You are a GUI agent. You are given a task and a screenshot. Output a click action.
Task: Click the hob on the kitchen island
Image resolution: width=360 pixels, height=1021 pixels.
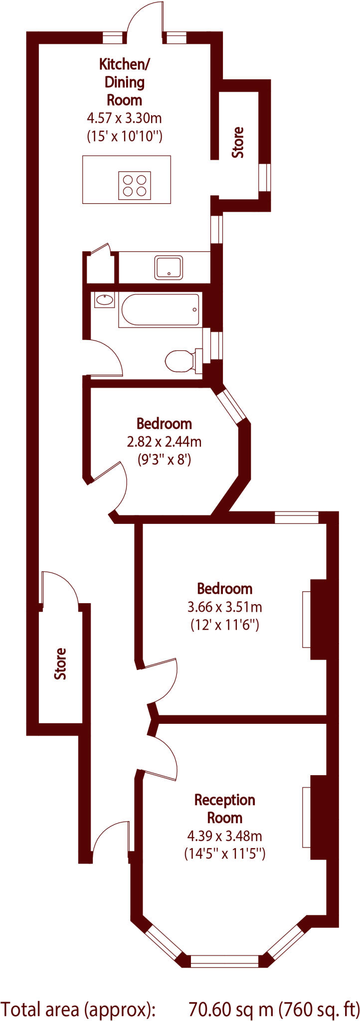coord(134,185)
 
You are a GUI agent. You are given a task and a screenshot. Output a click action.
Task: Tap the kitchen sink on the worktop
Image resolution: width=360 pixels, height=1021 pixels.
coord(169,267)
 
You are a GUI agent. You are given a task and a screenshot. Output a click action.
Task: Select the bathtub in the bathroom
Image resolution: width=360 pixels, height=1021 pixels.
coord(159,310)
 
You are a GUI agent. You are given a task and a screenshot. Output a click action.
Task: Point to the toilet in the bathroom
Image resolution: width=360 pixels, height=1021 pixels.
coord(180,360)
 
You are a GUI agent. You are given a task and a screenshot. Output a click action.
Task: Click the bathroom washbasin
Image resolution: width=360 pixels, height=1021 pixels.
coord(104,300)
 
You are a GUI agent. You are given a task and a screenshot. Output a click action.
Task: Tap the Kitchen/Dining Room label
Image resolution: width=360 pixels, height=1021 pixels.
coord(125,82)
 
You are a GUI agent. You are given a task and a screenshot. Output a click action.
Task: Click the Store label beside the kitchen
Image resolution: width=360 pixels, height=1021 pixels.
coord(239,143)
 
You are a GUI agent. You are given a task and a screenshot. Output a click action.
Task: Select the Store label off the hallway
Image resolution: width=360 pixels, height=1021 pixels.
coord(60,664)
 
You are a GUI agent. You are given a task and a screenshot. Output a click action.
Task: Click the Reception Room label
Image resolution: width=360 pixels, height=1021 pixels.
coord(224,809)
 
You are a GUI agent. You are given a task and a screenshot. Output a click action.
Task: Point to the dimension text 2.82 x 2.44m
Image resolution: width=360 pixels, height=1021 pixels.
coord(164,441)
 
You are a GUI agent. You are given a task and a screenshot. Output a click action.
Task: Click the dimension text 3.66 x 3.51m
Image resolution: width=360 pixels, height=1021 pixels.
coord(224,607)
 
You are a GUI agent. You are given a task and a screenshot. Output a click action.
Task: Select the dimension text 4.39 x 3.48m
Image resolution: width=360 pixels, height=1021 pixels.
coord(224,836)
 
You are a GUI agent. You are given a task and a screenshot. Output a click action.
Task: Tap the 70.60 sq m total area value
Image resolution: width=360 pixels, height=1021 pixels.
coord(231,1007)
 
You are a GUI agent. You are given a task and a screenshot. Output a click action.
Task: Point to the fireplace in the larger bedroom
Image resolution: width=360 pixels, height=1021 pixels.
coord(318,619)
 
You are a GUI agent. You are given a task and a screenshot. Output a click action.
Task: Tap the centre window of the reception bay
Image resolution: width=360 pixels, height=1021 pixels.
coord(225,960)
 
